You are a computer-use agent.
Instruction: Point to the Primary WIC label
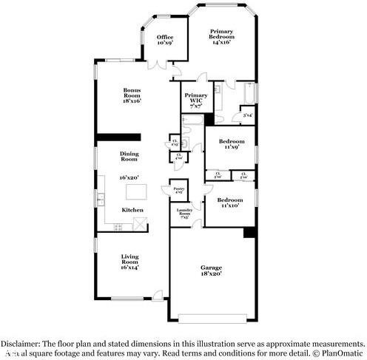coord(196,98)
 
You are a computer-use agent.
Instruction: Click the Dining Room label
coord(129,157)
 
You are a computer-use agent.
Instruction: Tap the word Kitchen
coord(132,210)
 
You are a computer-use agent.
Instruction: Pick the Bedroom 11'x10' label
coord(230,201)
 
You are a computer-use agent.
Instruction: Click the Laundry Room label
coord(185,214)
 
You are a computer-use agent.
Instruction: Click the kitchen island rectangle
coord(137,193)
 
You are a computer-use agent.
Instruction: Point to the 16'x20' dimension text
coord(129,177)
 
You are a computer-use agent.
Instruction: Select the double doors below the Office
coord(157,65)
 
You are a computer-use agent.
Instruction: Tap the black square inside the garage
coord(250,233)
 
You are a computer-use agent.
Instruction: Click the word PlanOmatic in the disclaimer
coord(336,353)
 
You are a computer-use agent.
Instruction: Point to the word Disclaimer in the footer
coord(20,344)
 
